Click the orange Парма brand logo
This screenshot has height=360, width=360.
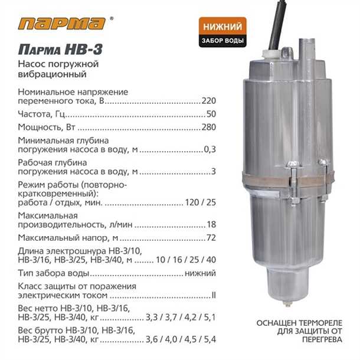pyautogui.click(x=62, y=24)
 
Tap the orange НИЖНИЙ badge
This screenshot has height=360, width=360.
pyautogui.click(x=222, y=26)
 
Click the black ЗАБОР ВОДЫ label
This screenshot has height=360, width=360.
pyautogui.click(x=222, y=41)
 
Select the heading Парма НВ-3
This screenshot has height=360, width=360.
pyautogui.click(x=60, y=49)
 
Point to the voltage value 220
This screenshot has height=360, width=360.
pyautogui.click(x=209, y=101)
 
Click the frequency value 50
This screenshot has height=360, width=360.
pyautogui.click(x=211, y=114)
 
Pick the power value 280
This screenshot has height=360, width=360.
pyautogui.click(x=209, y=127)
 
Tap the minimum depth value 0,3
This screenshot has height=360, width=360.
pyautogui.click(x=210, y=149)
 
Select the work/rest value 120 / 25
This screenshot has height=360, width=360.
pyautogui.click(x=201, y=202)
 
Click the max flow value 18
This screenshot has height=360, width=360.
pyautogui.click(x=211, y=224)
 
